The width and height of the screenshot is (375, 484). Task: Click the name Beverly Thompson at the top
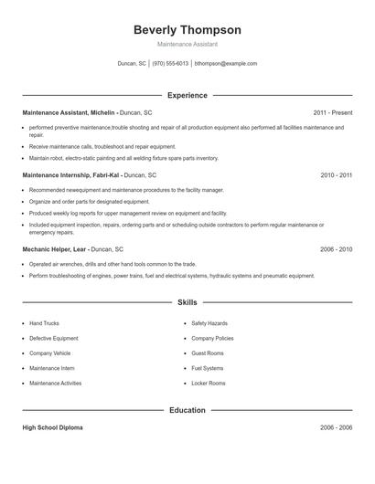[187, 29]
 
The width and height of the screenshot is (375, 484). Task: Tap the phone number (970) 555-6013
[170, 64]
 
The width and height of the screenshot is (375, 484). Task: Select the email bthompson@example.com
[225, 64]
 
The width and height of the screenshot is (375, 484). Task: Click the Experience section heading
[187, 95]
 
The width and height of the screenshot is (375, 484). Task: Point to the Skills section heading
[187, 301]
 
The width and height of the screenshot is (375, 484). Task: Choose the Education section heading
[187, 410]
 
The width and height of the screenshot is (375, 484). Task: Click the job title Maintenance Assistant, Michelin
[70, 112]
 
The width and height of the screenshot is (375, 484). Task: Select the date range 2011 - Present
[333, 112]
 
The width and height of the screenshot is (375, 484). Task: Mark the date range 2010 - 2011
[336, 174]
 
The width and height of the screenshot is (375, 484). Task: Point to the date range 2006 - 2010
[336, 248]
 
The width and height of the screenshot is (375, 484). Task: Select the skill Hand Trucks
[44, 323]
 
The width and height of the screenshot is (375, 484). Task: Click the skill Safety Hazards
[209, 323]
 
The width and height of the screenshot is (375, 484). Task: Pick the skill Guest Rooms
[207, 353]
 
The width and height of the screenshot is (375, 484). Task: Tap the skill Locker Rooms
[208, 384]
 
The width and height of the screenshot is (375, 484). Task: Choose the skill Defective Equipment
[53, 338]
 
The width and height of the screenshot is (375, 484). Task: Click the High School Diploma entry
[53, 427]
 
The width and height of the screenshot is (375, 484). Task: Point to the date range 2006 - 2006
[336, 427]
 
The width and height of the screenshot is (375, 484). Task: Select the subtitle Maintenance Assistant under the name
[187, 44]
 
